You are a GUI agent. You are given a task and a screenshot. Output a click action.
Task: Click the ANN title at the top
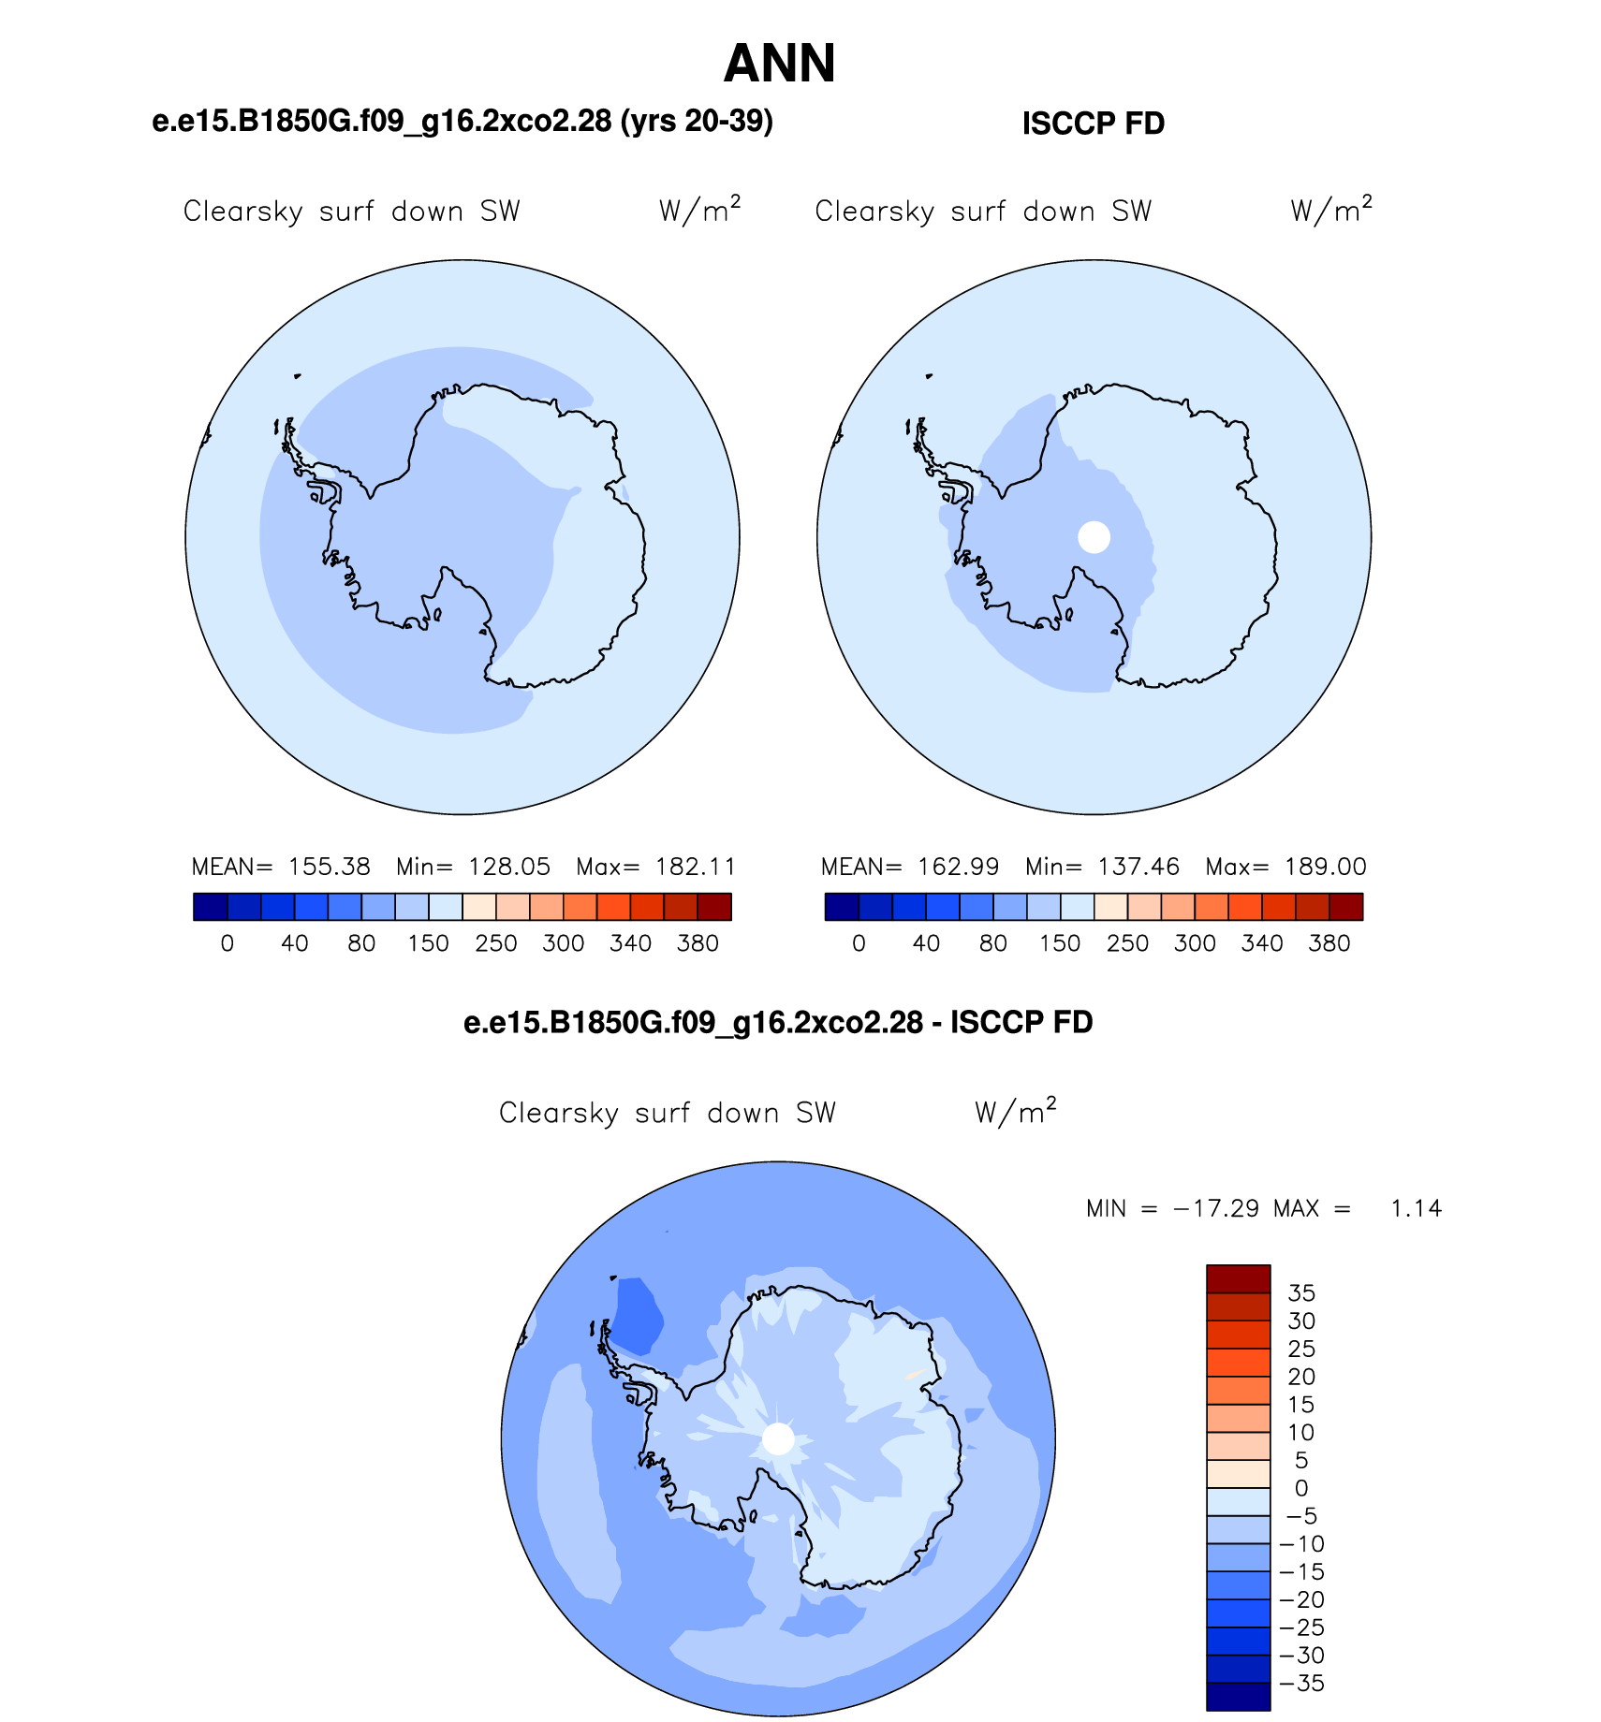click(x=779, y=64)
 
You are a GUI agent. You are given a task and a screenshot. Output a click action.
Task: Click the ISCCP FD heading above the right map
click(x=1093, y=124)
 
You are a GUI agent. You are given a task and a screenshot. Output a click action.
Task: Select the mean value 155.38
click(x=329, y=867)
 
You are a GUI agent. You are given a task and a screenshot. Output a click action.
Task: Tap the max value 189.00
click(x=1326, y=867)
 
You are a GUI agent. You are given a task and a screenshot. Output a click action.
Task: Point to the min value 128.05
click(x=509, y=867)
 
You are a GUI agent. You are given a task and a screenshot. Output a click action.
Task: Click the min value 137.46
click(x=1138, y=867)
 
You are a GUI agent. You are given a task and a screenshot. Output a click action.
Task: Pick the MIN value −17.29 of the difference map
click(x=1215, y=1208)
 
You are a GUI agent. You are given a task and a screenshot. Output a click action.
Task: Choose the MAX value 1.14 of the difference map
click(x=1417, y=1208)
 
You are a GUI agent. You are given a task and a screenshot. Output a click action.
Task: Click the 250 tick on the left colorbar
click(x=496, y=943)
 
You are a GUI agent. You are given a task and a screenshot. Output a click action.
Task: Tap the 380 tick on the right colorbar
click(x=1329, y=943)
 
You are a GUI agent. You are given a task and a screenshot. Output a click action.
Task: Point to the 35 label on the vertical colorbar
click(x=1301, y=1293)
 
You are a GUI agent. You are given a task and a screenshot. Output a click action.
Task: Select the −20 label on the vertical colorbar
click(x=1302, y=1599)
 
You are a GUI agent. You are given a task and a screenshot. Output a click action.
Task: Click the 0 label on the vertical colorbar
click(x=1301, y=1488)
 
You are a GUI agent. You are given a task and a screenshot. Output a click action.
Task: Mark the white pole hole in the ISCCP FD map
click(x=1094, y=537)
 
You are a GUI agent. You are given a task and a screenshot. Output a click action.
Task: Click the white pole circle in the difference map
click(x=778, y=1438)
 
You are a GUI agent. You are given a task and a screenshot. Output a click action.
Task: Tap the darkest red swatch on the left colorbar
click(x=714, y=907)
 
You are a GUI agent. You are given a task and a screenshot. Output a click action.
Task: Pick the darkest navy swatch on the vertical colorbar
click(x=1239, y=1696)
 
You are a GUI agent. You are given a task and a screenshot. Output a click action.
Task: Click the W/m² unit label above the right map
click(x=1330, y=210)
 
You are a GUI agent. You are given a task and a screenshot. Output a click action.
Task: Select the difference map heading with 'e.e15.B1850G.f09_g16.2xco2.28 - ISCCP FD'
click(x=778, y=1022)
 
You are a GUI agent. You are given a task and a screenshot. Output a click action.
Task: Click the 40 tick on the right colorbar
click(x=926, y=943)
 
